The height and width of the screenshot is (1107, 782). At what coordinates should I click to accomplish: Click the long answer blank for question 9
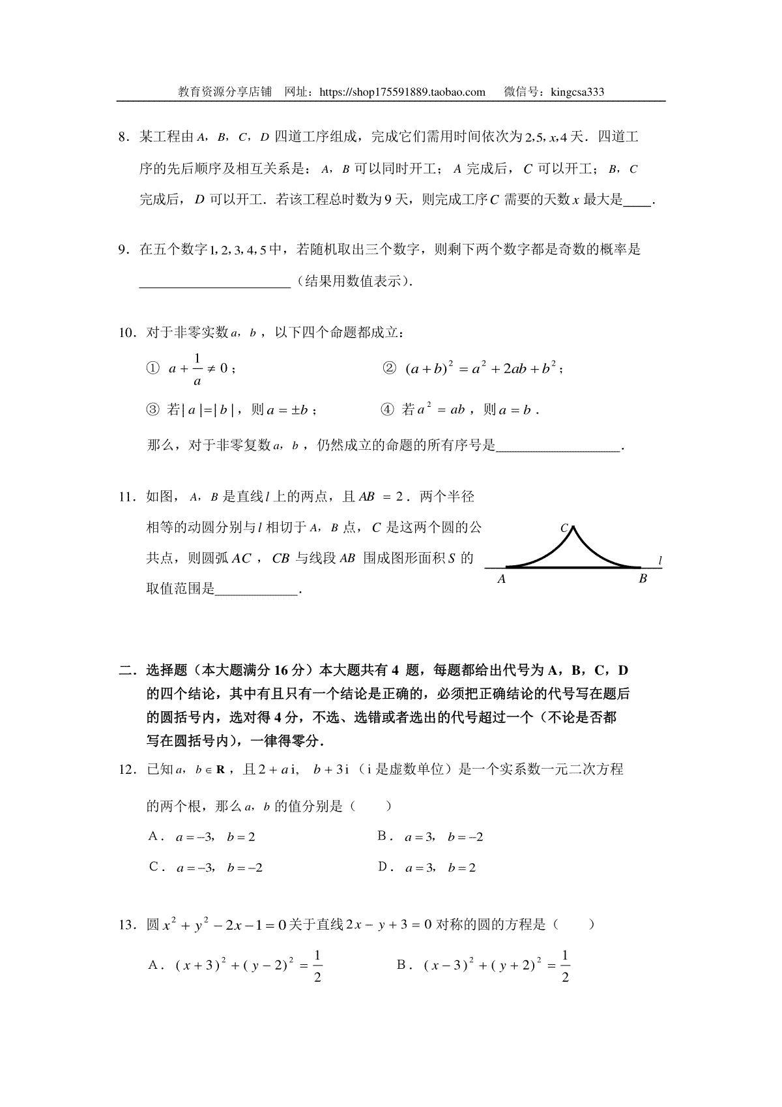214,283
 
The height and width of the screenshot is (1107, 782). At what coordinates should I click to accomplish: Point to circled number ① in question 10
152,369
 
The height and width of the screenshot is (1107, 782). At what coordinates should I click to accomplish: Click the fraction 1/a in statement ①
197,369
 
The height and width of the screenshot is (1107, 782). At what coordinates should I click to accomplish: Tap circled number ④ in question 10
387,410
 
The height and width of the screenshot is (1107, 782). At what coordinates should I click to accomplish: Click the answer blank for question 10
558,448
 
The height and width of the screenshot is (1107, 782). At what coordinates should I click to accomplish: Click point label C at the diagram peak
564,528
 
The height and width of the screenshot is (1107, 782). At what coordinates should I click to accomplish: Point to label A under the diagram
501,579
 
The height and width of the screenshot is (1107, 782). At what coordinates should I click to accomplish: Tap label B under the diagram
643,579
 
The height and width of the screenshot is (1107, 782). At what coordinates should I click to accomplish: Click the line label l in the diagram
660,560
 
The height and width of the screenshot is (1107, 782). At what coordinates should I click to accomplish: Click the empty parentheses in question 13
573,924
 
